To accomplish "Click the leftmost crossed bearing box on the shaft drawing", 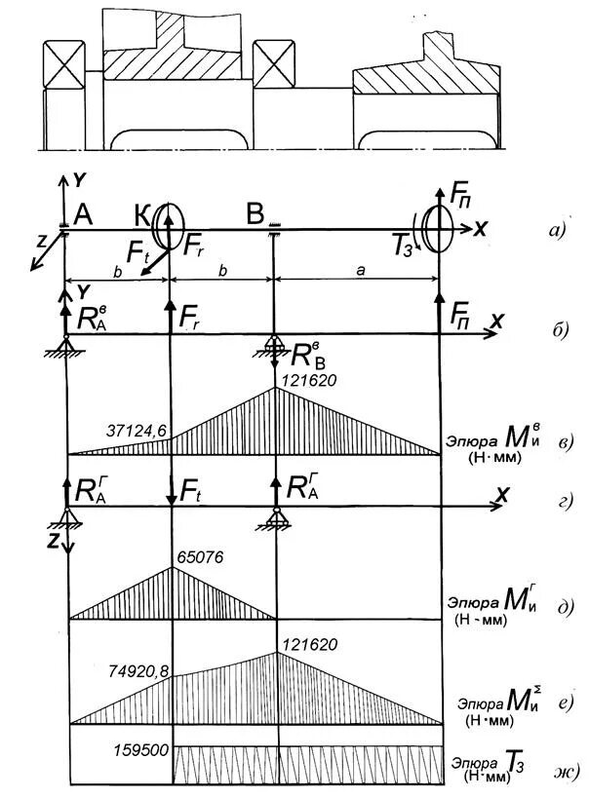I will point(61,65).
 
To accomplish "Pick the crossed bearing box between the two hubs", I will point(274,65).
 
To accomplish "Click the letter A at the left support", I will point(83,216).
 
